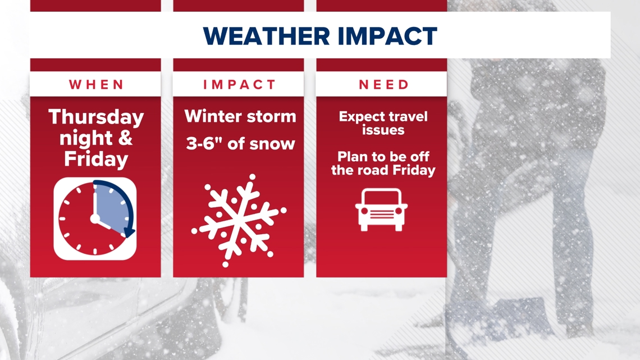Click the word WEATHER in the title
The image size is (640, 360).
(266, 36)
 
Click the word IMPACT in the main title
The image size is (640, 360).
(387, 36)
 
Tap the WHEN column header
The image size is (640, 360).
(96, 84)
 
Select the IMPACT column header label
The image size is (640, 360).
(240, 84)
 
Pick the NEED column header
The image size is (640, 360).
(383, 84)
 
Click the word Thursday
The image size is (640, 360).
(96, 117)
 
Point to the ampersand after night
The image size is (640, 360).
(125, 138)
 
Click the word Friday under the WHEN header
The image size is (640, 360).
(96, 159)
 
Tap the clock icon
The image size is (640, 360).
(95, 219)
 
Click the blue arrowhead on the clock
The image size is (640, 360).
(129, 233)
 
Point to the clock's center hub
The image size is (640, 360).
(95, 219)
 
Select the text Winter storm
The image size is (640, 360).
(240, 116)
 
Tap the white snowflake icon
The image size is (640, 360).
(239, 221)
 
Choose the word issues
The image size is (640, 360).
(383, 130)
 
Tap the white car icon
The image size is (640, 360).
(381, 210)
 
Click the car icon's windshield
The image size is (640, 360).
(381, 198)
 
